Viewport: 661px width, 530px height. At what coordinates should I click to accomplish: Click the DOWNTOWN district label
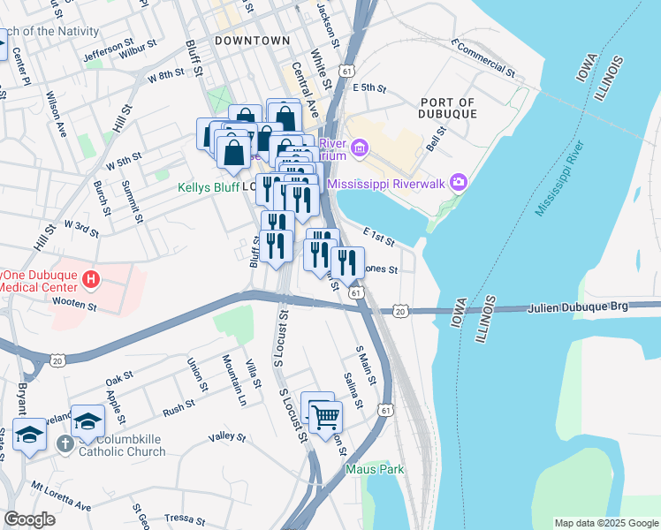[252, 41]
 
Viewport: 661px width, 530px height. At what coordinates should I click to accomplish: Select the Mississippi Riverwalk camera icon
[459, 183]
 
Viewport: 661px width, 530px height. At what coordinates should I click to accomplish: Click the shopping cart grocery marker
[325, 415]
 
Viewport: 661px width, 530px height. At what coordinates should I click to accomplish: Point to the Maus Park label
[375, 469]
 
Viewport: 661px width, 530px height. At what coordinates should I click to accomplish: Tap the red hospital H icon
[89, 281]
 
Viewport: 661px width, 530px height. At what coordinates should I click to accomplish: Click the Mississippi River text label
[560, 178]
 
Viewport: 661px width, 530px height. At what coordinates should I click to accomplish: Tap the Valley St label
[227, 436]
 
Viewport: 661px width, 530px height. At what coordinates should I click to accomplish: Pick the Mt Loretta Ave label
[61, 496]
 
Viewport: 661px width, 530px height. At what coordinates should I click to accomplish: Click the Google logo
[29, 519]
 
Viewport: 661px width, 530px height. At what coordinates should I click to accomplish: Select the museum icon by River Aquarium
[359, 147]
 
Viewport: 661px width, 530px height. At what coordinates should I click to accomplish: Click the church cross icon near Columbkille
[65, 444]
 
